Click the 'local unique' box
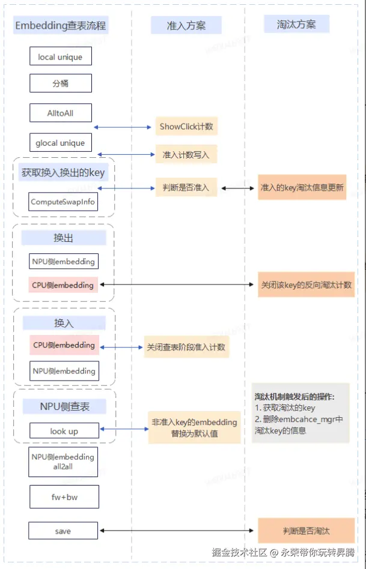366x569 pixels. pos(60,56)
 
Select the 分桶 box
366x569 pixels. pos(60,83)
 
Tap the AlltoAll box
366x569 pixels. pos(60,113)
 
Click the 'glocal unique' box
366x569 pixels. pos(60,143)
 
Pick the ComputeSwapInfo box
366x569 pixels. pos(63,202)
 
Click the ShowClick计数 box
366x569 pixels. pos(186,126)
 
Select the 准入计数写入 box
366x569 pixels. pos(186,154)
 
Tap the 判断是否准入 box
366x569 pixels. pos(186,187)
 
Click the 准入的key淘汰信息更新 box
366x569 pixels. pos(302,187)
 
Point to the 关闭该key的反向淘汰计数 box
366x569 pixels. pos(306,284)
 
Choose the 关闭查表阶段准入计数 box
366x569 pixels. pos(186,347)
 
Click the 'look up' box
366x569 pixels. pos(64,431)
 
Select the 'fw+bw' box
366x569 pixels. pos(64,497)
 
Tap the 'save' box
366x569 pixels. pos(63,531)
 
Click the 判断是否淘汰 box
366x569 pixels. pos(306,531)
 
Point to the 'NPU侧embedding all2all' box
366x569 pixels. pos(63,462)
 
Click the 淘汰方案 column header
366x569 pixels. pos(296,25)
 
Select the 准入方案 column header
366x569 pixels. pos(186,25)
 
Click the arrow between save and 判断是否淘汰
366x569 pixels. pos(177,531)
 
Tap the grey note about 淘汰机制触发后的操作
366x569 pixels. pos(300,413)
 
